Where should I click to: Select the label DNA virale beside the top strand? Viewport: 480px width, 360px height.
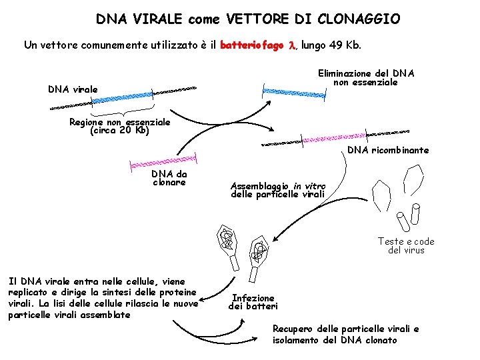[x=73, y=89]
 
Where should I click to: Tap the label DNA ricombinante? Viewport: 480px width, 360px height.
[x=388, y=150]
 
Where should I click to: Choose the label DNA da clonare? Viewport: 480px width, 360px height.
[x=169, y=177]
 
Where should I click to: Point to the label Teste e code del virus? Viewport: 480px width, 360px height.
[x=406, y=245]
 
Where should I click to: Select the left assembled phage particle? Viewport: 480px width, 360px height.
[x=227, y=245]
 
